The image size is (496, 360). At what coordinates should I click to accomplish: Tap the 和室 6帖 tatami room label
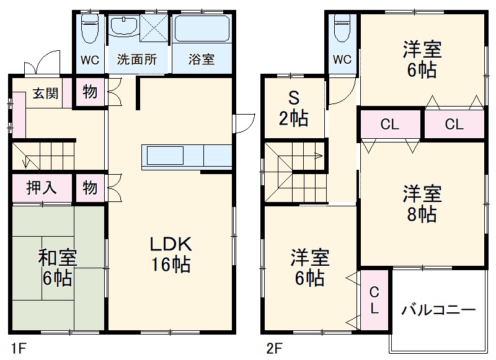(57, 267)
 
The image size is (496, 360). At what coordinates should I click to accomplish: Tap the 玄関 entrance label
(45, 94)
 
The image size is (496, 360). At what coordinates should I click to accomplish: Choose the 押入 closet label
(42, 188)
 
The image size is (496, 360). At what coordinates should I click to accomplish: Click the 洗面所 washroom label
(137, 60)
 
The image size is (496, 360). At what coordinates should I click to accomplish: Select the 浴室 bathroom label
(201, 60)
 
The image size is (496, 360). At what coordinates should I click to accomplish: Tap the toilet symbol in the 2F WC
(342, 28)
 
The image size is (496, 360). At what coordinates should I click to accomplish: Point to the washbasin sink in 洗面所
(124, 28)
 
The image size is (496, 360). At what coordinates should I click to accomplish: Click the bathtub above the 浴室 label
(201, 29)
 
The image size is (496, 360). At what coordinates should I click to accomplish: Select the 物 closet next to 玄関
(90, 92)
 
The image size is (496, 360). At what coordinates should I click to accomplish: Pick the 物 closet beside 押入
(90, 188)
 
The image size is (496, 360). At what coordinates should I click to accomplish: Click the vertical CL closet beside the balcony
(374, 301)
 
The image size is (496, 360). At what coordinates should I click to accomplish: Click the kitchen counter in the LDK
(186, 155)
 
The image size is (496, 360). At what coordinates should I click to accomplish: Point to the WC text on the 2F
(342, 60)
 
